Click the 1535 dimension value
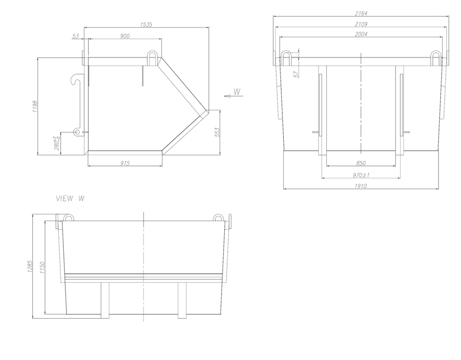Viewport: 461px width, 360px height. pos(146,24)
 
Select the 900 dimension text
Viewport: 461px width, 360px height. pos(125,36)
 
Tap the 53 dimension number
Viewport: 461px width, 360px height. pos(76,36)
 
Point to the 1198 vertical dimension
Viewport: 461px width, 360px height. pos(35,107)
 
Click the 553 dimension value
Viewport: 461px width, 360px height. pos(217,133)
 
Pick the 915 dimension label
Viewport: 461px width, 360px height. pos(125,163)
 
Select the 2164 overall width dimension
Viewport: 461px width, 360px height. pos(361,13)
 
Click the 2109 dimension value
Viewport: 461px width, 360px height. pos(361,24)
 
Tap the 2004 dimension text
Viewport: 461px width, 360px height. pos(361,34)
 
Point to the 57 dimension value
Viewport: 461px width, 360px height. pos(296,74)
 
